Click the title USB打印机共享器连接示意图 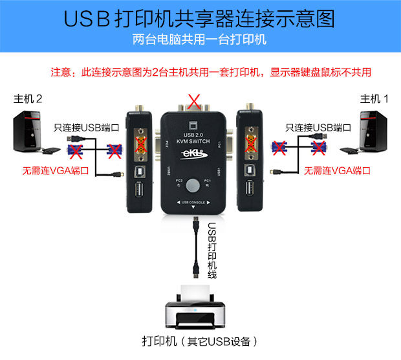[x=200, y=18]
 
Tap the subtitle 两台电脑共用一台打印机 [x=200, y=39]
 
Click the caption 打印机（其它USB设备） [x=200, y=341]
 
